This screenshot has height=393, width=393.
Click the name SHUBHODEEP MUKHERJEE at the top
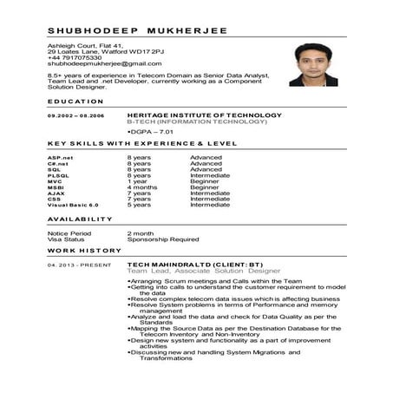coord(137,30)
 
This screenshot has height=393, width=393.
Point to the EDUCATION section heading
coord(76,102)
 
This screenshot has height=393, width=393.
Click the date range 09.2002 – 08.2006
coord(76,115)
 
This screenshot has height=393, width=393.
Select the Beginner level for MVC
coord(205,180)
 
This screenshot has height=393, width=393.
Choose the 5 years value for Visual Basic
coord(139,205)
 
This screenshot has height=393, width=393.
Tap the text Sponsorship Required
coord(163,239)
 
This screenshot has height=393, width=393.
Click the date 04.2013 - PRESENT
coord(75,264)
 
